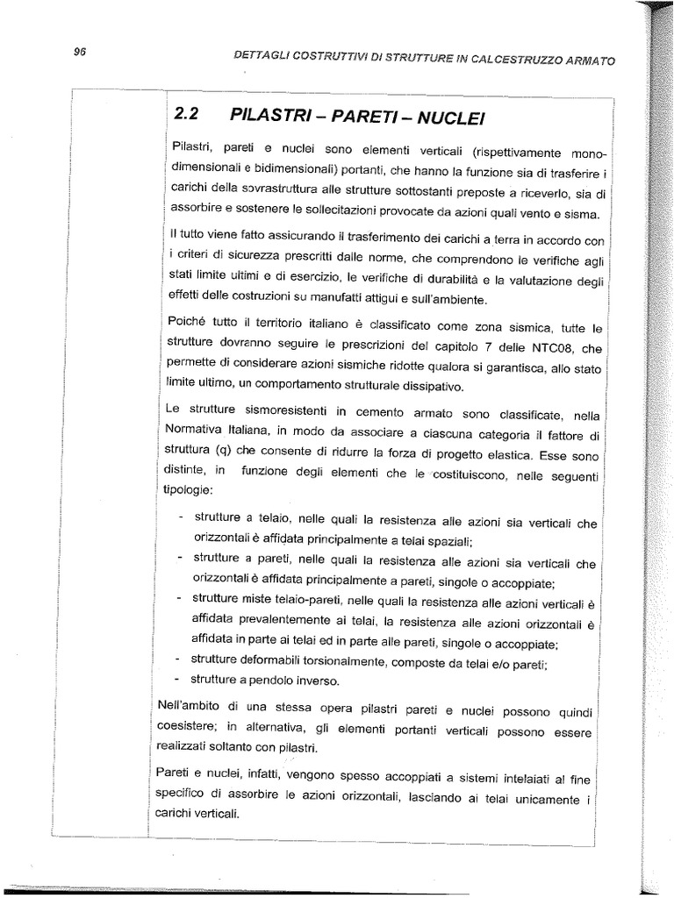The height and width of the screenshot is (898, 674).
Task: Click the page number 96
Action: tap(79, 52)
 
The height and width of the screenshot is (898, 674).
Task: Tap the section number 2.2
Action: tap(188, 114)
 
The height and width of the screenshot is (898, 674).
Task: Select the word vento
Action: tap(507, 214)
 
